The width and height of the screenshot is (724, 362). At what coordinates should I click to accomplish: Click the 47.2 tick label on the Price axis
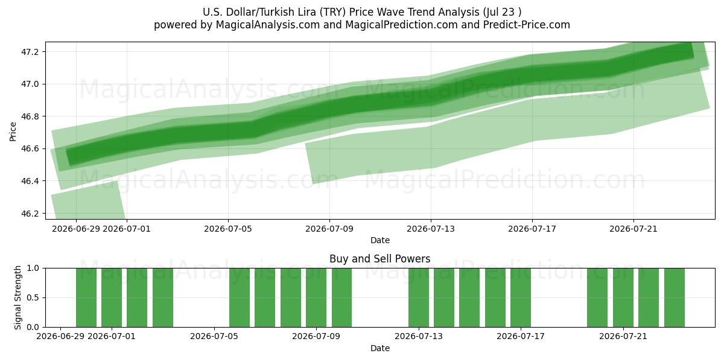click(30, 52)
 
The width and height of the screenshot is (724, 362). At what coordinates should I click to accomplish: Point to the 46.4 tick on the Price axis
click(30, 181)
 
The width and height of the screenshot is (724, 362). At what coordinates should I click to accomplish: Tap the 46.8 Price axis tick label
click(30, 116)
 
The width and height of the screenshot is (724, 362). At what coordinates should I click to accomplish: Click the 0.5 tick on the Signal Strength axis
click(33, 297)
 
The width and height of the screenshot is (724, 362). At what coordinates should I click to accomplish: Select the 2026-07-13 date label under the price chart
click(431, 229)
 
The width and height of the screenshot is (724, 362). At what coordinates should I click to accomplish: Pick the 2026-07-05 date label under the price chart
click(228, 229)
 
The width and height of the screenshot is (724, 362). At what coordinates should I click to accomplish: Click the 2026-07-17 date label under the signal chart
click(520, 336)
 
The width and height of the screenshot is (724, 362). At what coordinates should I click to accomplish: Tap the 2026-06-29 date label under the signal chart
click(60, 336)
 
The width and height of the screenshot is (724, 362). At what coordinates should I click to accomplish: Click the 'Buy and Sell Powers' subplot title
click(379, 259)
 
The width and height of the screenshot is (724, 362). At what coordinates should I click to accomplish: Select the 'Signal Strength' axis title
click(17, 297)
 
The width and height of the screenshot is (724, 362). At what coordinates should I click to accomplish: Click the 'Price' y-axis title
click(13, 132)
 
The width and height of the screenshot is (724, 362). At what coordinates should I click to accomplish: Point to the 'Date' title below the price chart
click(379, 240)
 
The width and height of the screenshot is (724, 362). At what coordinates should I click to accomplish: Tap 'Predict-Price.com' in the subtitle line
click(527, 25)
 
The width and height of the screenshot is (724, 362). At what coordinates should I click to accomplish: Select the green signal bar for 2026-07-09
click(316, 297)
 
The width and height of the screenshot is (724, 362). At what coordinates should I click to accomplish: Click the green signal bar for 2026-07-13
click(419, 297)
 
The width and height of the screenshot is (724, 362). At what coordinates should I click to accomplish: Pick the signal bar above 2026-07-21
click(623, 297)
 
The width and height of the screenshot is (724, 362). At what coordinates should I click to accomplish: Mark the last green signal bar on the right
click(675, 297)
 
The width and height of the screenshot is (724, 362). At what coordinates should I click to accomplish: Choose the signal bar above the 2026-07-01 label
click(112, 297)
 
